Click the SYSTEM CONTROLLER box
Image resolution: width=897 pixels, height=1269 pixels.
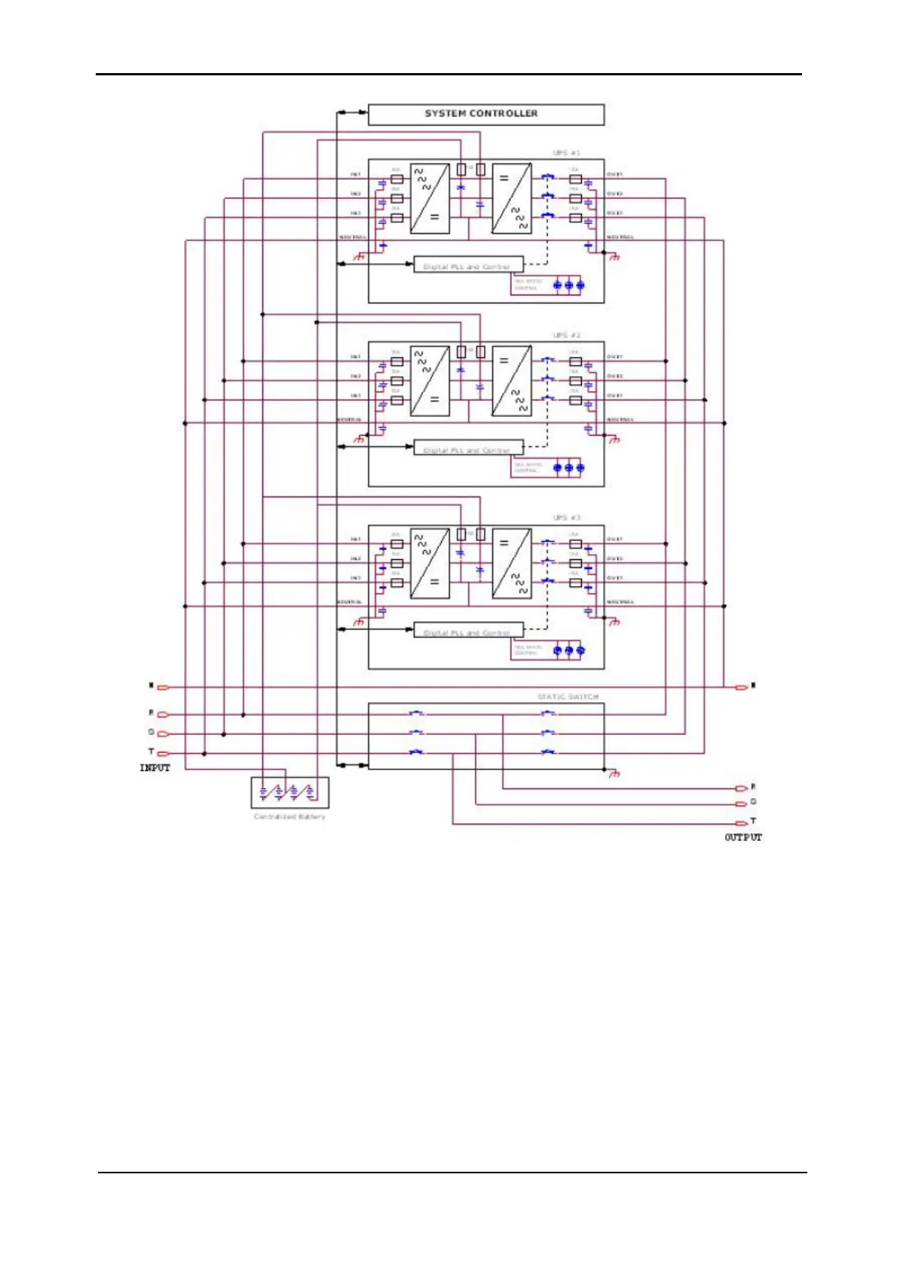pos(485,115)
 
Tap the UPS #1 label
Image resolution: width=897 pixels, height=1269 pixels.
pos(566,153)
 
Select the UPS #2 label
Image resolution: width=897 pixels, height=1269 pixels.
pos(566,335)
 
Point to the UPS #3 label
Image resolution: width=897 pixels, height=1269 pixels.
pos(566,518)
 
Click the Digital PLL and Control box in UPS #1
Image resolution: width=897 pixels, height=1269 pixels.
pos(468,266)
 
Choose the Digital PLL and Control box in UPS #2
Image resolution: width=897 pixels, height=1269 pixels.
pos(468,449)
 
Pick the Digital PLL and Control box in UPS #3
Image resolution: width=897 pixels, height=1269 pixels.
pos(468,631)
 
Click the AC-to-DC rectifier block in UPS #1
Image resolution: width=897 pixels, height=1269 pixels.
pos(430,199)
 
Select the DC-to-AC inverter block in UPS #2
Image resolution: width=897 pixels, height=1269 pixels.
pos(512,381)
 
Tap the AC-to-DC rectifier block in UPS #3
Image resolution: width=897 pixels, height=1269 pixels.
pos(430,564)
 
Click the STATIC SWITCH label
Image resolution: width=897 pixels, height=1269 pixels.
pos(568,697)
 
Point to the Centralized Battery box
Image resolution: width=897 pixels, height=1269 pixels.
pos(289,793)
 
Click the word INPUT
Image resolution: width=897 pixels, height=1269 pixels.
pos(155,768)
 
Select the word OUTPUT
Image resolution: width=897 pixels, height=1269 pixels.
pos(742,837)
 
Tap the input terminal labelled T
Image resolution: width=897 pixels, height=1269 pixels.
pos(163,753)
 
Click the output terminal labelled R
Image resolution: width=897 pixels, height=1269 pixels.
pos(742,788)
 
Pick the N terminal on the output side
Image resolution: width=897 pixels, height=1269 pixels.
pos(742,686)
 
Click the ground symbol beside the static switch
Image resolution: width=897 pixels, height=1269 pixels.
pos(614,774)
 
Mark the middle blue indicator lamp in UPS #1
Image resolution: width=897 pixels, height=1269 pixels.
pos(568,286)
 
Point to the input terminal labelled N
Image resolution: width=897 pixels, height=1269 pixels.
pos(163,687)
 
